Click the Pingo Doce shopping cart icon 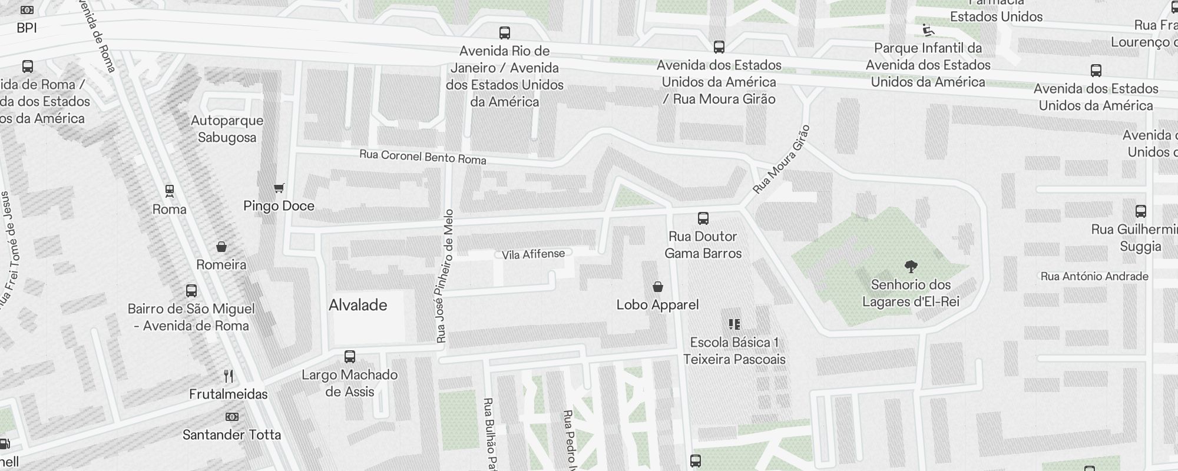tap(279, 188)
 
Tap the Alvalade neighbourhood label tap(358, 305)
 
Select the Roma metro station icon tap(170, 191)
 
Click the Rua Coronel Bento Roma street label tap(422, 157)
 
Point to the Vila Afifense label tap(533, 254)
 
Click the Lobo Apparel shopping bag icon tap(658, 287)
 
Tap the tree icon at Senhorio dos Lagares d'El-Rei tap(911, 267)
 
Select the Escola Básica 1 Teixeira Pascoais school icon tap(734, 324)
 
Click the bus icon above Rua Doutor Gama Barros tap(703, 218)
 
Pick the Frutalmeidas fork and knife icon tap(229, 376)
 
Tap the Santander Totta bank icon tap(231, 417)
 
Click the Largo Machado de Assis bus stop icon tap(350, 357)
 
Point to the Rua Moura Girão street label tap(782, 160)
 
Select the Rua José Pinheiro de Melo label tap(445, 276)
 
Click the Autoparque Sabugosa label tap(227, 129)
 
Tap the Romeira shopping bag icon tap(221, 246)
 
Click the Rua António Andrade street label tap(1094, 276)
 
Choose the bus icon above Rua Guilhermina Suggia tap(1140, 211)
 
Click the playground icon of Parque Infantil tap(928, 29)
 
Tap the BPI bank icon tap(27, 10)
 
